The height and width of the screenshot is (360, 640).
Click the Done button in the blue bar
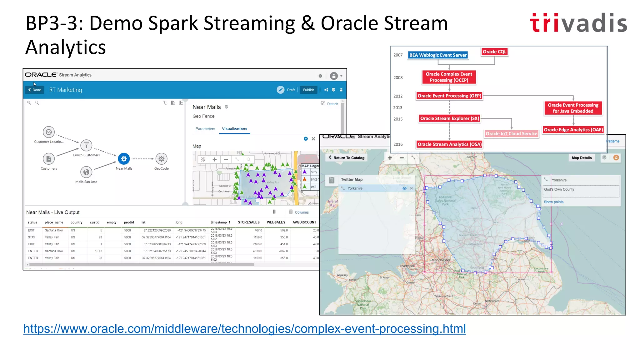point(35,90)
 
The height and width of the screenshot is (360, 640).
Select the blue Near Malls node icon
point(124,159)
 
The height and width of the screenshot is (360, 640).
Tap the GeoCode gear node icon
point(161,159)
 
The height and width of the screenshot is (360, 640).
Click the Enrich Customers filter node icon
point(86,145)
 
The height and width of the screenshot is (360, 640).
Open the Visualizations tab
point(234,129)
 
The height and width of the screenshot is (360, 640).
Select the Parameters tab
point(205,129)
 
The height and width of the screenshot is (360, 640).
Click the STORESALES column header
point(249,222)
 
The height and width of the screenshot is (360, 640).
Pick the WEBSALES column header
point(276,222)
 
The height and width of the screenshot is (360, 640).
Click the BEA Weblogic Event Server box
point(438,55)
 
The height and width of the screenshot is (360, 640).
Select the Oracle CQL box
point(494,52)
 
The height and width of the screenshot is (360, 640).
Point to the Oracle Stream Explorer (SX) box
point(449,118)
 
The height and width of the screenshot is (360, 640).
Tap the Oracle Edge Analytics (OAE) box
point(573,130)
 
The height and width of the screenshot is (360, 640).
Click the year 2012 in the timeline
point(398,96)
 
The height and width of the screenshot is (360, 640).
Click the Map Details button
point(582,158)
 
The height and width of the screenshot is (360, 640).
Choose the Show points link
point(553,202)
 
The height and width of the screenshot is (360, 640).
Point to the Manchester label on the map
point(441,260)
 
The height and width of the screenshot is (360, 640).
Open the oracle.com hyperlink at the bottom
point(244,329)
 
